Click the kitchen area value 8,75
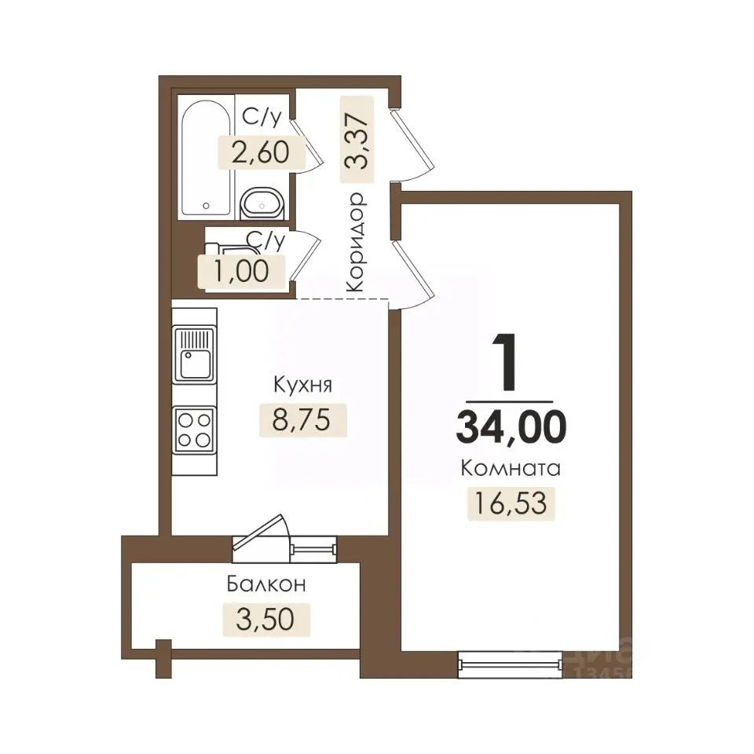tap(302, 419)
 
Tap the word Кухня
tap(302, 385)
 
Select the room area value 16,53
tap(511, 503)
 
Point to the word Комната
tap(511, 468)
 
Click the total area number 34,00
tap(511, 427)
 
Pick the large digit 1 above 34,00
tap(505, 362)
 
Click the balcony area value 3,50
tap(265, 619)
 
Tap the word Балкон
tap(266, 584)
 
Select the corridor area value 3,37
tap(357, 140)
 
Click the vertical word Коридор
tap(357, 242)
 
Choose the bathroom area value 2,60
tap(261, 152)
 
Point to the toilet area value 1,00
tap(241, 271)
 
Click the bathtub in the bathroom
tap(207, 158)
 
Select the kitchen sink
tap(194, 354)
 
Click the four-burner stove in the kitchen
tap(194, 430)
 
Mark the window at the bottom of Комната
tap(510, 664)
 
